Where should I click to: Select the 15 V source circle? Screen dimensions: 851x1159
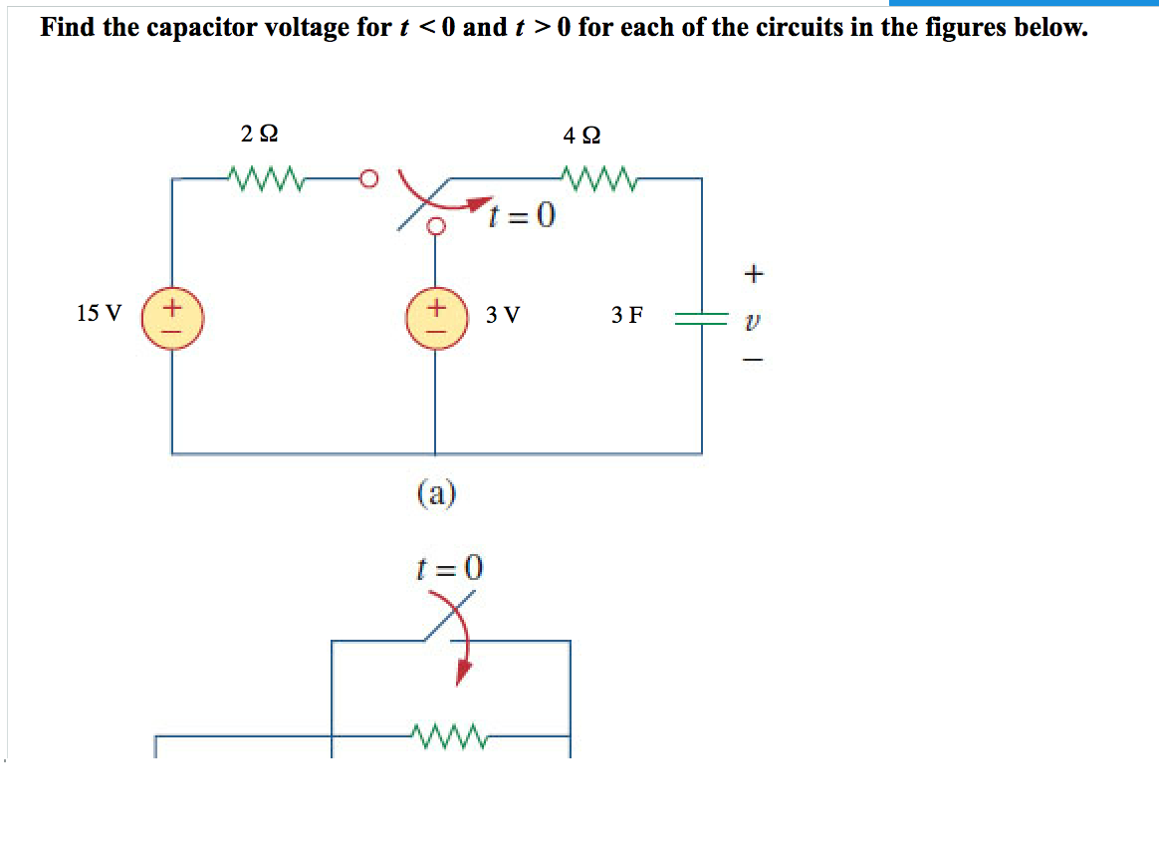pos(172,315)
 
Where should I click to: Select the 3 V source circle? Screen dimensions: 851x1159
pos(434,315)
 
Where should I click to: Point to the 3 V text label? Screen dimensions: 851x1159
pos(503,316)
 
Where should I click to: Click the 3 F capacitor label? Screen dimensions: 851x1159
pos(627,316)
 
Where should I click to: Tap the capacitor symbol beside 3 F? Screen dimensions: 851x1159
pos(701,317)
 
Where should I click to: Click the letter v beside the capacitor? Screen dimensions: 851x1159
pos(754,318)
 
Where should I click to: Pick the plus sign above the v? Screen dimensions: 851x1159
pos(754,271)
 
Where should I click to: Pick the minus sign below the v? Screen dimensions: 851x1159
pos(754,361)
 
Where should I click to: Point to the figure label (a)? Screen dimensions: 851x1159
pos(435,492)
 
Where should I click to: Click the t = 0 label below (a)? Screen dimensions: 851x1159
pos(448,568)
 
